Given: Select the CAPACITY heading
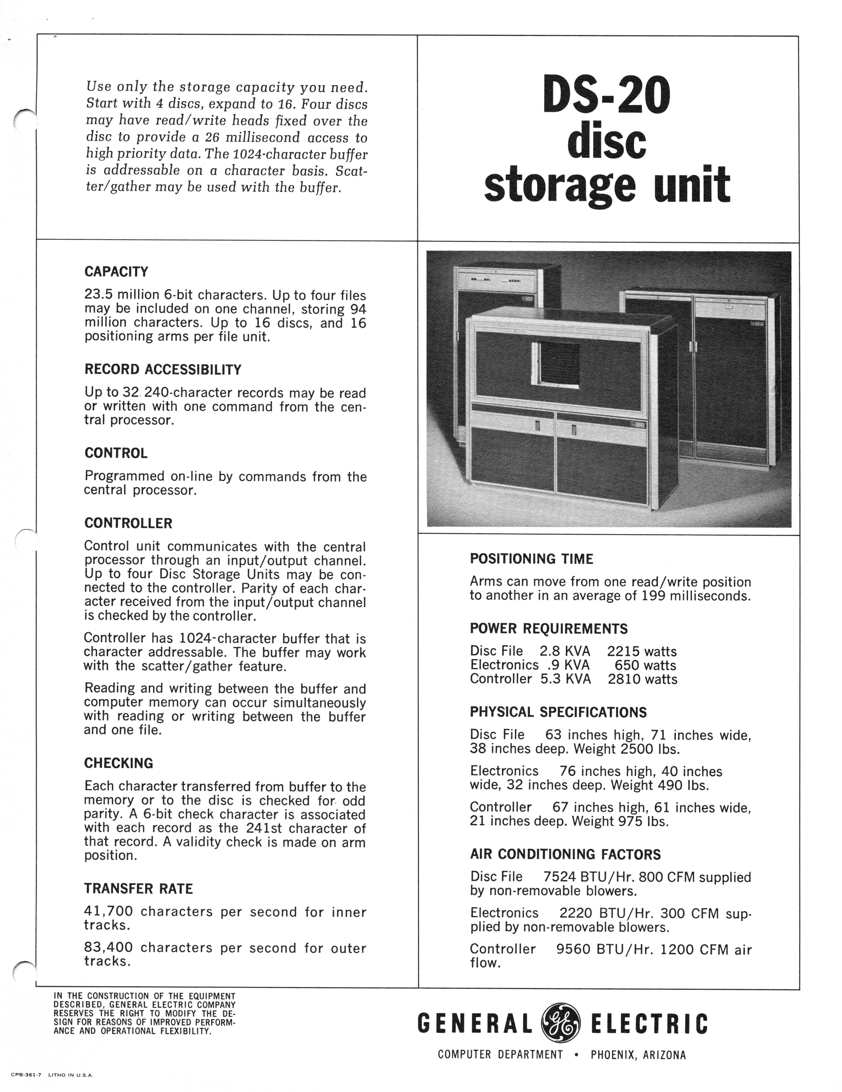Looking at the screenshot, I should click(116, 272).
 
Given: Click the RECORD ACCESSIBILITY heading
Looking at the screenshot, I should click(163, 370).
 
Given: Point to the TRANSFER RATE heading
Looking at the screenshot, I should click(138, 888).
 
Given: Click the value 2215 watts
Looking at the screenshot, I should click(642, 651).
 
